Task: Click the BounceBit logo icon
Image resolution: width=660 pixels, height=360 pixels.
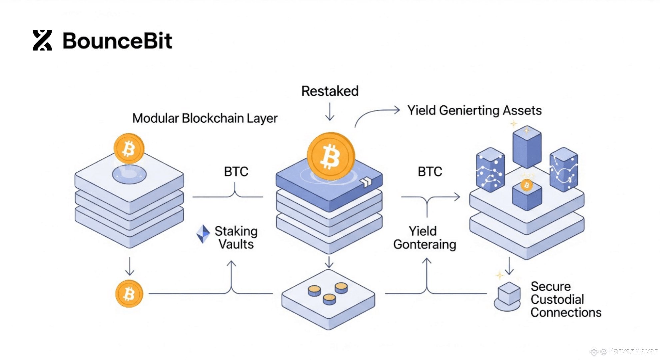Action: [x=42, y=40]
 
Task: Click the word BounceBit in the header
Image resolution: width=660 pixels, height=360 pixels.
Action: [x=117, y=41]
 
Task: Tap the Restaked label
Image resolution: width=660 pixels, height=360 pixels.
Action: [x=330, y=91]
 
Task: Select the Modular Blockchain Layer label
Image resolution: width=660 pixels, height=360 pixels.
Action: [x=205, y=118]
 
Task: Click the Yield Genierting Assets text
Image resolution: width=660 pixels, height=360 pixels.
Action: [x=474, y=110]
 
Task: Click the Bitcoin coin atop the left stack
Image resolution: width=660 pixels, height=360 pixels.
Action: [x=129, y=149]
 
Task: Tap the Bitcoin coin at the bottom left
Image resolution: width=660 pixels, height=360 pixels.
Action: [x=129, y=294]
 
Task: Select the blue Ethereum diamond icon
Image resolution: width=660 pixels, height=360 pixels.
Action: [x=203, y=234]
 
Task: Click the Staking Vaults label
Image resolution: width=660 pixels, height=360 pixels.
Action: [x=236, y=238]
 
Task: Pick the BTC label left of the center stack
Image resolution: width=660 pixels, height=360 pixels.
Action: [x=236, y=172]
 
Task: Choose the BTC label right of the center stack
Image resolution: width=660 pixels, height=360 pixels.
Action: [x=430, y=172]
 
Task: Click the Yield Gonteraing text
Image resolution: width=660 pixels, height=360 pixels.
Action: [x=424, y=238]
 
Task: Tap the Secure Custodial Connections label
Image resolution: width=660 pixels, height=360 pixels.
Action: [x=565, y=299]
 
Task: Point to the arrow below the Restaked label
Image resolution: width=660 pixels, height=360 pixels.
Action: [x=330, y=112]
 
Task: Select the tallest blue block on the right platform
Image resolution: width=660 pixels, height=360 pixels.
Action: [x=527, y=147]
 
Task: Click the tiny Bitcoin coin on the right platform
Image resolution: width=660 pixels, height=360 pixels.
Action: [x=527, y=185]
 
